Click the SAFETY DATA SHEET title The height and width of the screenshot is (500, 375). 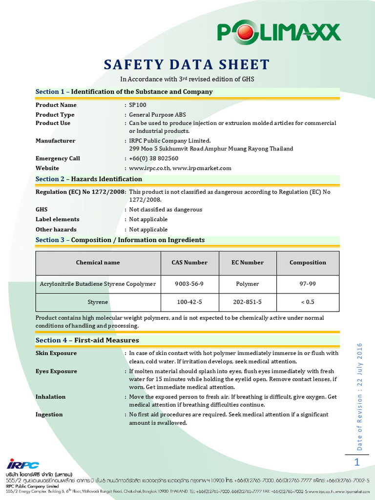click(x=187, y=64)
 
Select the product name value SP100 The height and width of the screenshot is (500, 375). click(x=138, y=105)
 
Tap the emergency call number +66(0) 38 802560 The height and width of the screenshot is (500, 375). click(x=153, y=158)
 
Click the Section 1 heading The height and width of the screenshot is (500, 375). click(x=124, y=92)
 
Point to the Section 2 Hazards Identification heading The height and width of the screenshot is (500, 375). click(x=89, y=179)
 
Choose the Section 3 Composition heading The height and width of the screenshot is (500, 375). click(x=120, y=240)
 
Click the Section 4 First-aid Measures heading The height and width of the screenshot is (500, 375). click(x=87, y=340)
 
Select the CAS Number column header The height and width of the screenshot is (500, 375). click(x=189, y=263)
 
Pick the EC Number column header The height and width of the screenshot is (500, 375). click(x=248, y=263)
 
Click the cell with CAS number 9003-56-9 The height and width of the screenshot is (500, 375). click(x=189, y=284)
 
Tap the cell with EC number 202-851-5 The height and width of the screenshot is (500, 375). click(x=248, y=302)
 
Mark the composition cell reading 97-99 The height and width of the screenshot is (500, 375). click(x=308, y=284)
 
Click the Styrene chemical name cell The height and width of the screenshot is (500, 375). click(x=98, y=302)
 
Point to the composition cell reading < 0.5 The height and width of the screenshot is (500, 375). click(x=308, y=302)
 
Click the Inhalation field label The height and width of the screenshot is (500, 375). click(x=50, y=397)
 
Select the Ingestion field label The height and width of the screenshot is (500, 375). click(x=49, y=415)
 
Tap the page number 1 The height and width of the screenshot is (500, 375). click(x=357, y=462)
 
